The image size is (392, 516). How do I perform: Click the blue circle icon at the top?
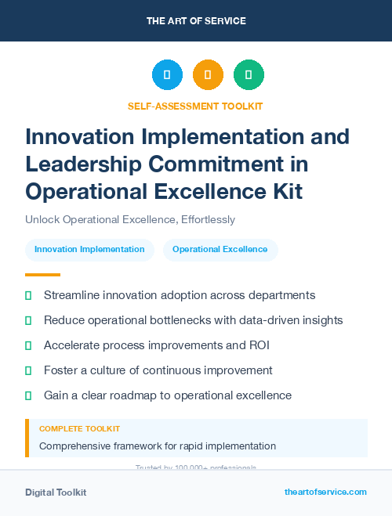[167, 75]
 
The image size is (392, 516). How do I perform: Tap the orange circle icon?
[208, 75]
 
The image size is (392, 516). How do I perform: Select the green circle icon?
[249, 75]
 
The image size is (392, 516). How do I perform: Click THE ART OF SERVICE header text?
[196, 20]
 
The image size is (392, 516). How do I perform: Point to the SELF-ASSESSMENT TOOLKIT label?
[195, 106]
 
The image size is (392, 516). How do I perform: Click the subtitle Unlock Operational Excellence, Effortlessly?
[130, 220]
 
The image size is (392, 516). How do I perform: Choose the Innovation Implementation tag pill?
[89, 250]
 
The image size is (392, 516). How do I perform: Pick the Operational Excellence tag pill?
[220, 250]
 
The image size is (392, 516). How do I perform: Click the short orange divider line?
[42, 275]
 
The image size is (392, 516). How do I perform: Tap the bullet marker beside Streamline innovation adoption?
[29, 296]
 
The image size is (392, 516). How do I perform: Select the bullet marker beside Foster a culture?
[29, 370]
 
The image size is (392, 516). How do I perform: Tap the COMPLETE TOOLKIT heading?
[80, 429]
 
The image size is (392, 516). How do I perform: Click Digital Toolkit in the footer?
[56, 492]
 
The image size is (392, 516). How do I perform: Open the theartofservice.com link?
[325, 492]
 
